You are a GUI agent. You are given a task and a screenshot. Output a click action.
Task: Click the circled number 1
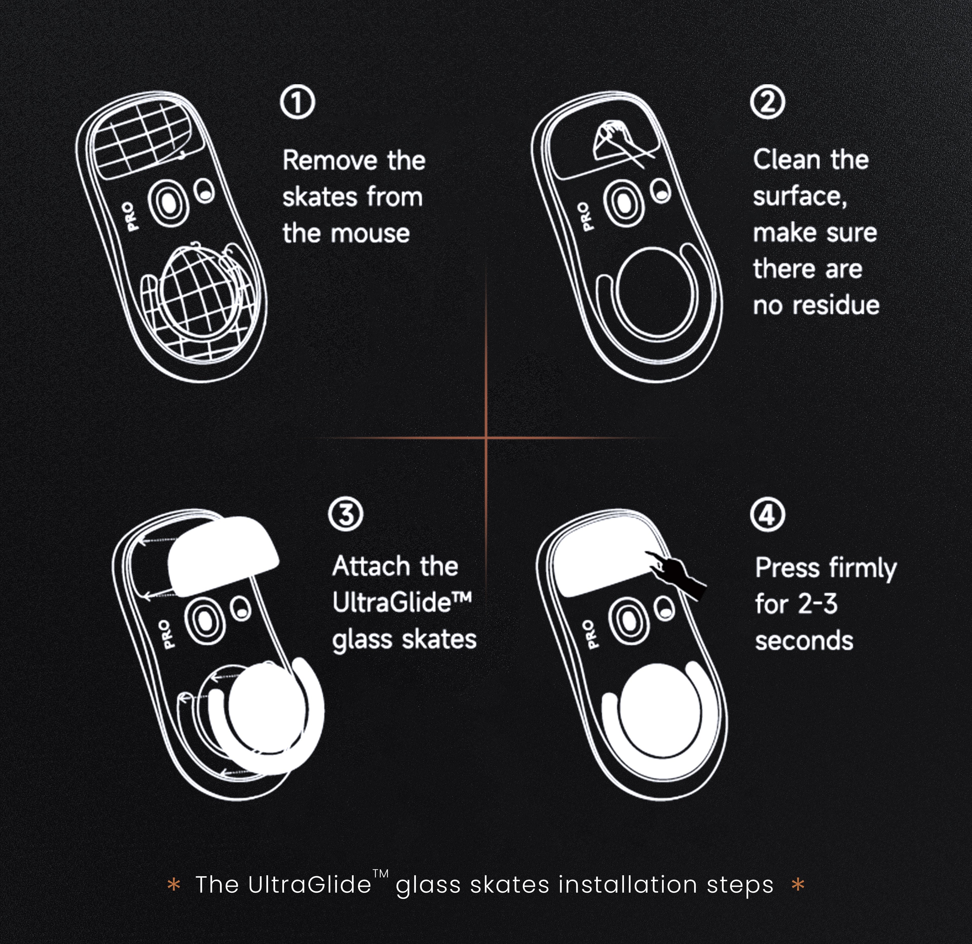click(x=297, y=103)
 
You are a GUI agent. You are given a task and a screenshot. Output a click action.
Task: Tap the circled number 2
click(x=767, y=103)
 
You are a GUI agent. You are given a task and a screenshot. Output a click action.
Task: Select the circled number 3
click(x=346, y=514)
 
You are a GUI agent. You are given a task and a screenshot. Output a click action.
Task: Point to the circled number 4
click(x=767, y=515)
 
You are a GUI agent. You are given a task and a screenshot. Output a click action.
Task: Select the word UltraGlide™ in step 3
click(x=402, y=602)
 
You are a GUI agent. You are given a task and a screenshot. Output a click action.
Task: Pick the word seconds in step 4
click(x=804, y=641)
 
